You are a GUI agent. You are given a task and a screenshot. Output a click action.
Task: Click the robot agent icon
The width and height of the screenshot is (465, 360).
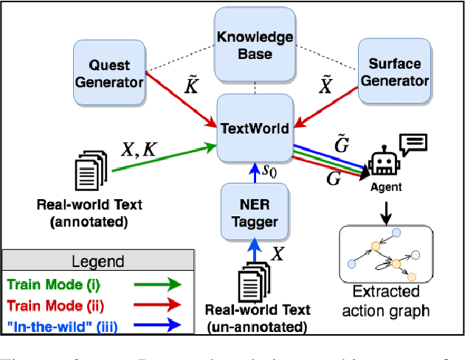385,164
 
